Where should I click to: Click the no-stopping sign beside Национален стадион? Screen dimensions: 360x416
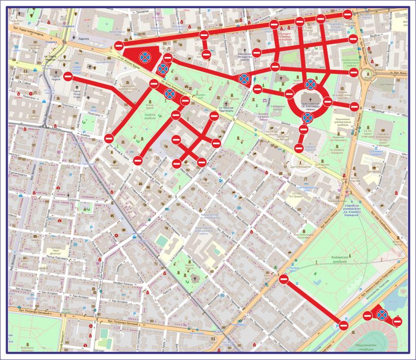click(382, 315)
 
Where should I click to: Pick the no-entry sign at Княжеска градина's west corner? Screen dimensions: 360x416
click(283, 279)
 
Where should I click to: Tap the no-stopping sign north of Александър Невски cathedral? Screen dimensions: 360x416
click(311, 84)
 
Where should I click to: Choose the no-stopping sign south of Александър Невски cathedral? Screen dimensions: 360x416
click(307, 119)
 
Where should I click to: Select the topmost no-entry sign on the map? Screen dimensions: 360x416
click(347, 14)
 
